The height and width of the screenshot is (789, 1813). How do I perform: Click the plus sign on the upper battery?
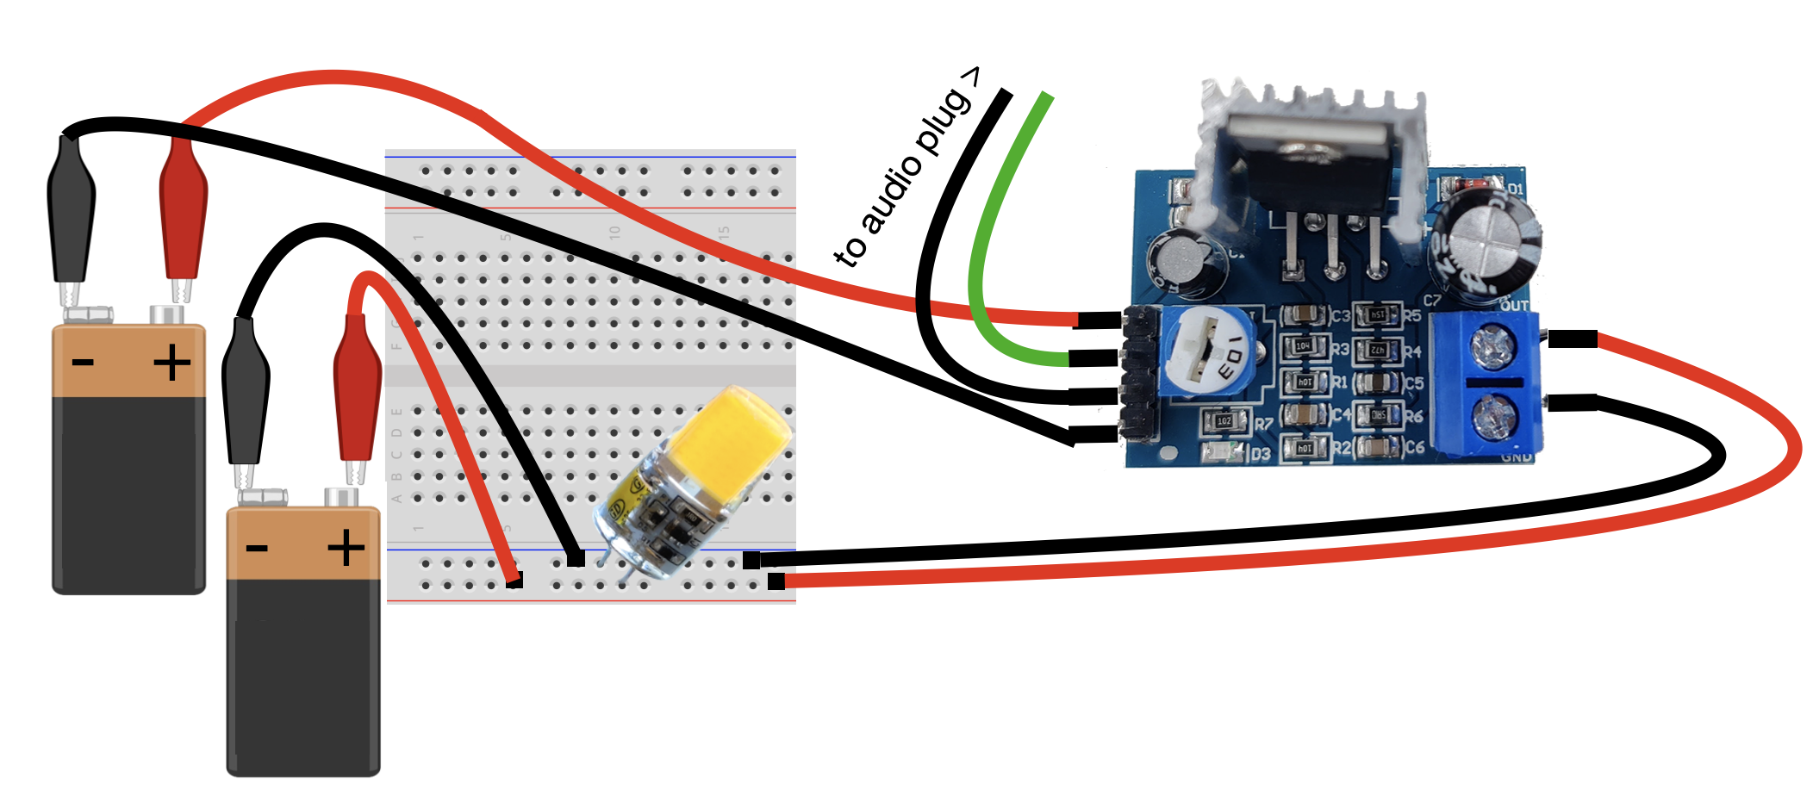tap(171, 363)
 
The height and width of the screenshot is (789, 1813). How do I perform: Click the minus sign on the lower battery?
tap(257, 549)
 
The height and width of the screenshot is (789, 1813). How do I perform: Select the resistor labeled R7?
tap(1224, 421)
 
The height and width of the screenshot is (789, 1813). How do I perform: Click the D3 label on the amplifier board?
tap(1260, 454)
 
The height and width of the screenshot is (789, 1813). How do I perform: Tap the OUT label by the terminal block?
tap(1514, 306)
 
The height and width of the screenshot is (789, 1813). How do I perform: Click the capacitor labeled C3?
tap(1305, 316)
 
